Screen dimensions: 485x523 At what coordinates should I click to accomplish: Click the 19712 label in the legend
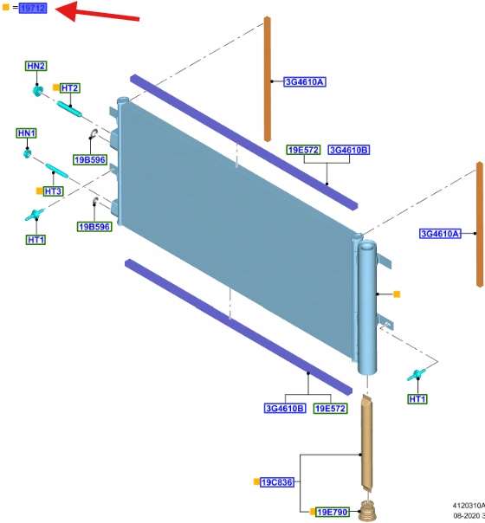click(x=33, y=8)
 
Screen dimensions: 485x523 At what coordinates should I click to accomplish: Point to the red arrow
click(x=97, y=12)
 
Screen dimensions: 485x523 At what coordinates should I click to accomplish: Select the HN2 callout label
click(x=36, y=66)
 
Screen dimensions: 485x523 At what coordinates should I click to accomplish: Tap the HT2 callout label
click(x=69, y=88)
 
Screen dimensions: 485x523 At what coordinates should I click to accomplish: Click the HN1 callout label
click(x=27, y=133)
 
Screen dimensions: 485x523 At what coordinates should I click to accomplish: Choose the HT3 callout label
click(x=53, y=191)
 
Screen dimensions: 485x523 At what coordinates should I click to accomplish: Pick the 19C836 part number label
click(x=277, y=482)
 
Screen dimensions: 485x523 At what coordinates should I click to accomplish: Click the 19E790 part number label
click(x=332, y=512)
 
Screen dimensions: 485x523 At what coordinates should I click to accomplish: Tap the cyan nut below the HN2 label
click(x=38, y=91)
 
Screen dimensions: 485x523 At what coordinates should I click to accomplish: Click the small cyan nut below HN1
click(x=27, y=154)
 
